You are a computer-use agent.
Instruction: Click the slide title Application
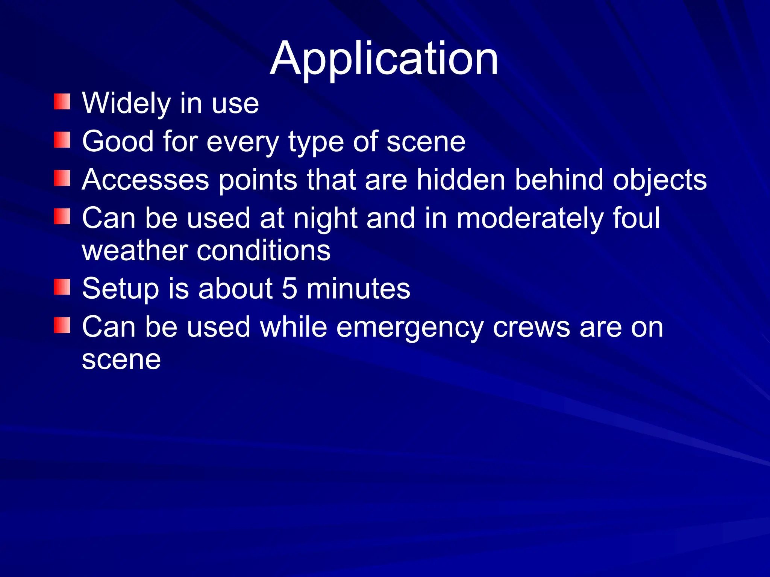pyautogui.click(x=384, y=59)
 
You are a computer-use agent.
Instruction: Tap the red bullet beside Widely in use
pyautogui.click(x=62, y=102)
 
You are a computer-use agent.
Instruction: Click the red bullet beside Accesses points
pyautogui.click(x=62, y=178)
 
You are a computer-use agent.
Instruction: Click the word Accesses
pyautogui.click(x=145, y=180)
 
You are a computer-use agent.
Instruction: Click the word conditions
pyautogui.click(x=264, y=251)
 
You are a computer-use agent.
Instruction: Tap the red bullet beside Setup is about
pyautogui.click(x=62, y=287)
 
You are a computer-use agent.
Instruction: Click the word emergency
pyautogui.click(x=410, y=328)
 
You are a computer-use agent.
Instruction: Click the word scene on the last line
pyautogui.click(x=121, y=360)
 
